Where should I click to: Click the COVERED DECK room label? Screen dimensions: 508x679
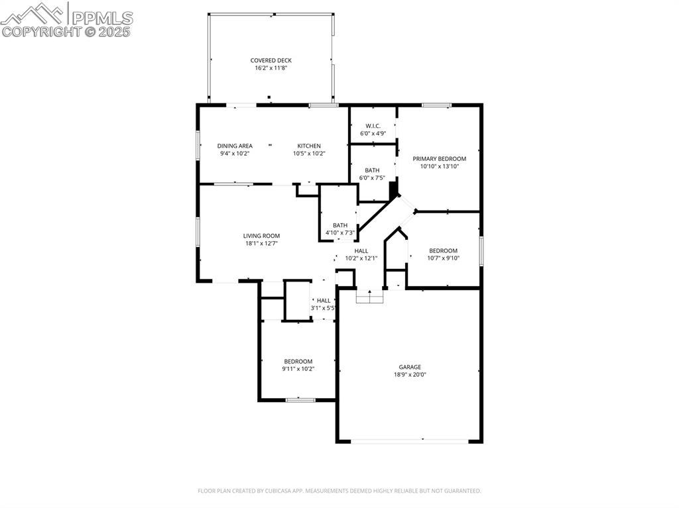271,60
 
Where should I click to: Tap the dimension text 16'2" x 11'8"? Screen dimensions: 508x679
271,68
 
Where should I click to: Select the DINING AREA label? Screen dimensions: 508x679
235,146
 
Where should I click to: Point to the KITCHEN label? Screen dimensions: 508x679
309,146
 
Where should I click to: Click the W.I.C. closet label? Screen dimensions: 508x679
373,126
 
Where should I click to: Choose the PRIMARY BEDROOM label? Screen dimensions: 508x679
439,159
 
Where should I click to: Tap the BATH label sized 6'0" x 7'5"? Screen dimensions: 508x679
372,170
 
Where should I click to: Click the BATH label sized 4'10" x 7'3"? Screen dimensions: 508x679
340,225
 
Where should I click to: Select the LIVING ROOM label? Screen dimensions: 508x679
261,236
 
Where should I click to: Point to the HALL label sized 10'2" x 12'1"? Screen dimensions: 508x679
361,251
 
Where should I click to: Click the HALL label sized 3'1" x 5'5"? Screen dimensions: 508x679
324,301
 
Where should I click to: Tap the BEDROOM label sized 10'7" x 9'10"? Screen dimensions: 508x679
443,250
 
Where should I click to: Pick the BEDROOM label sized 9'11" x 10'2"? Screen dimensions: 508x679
298,361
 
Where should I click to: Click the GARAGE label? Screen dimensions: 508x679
410,367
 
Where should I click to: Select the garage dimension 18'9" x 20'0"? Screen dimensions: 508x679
410,375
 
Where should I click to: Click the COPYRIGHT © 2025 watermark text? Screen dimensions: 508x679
66,31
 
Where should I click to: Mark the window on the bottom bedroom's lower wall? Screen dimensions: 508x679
300,399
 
